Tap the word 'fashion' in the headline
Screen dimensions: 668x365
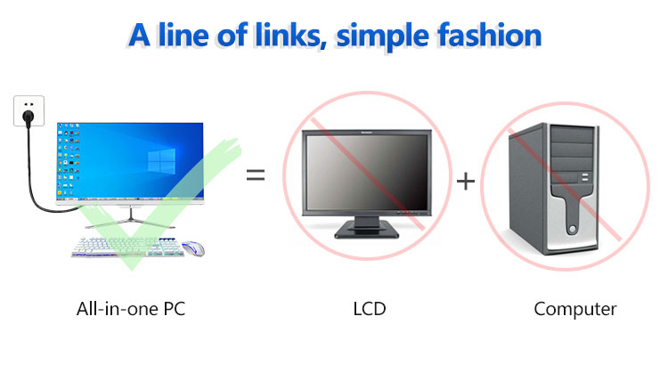(490, 35)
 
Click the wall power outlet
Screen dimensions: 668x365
(29, 110)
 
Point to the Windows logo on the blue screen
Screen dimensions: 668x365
(161, 161)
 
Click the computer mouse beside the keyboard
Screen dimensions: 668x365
(193, 248)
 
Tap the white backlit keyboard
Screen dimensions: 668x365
(127, 247)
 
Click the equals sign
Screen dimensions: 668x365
(256, 174)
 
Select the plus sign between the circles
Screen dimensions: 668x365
(466, 181)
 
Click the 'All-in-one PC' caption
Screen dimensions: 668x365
(131, 309)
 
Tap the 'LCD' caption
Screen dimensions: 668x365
(370, 309)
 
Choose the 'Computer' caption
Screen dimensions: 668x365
(575, 310)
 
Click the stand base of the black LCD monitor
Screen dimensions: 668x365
(366, 231)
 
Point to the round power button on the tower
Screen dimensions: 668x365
(572, 230)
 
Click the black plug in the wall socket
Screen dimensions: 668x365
(29, 117)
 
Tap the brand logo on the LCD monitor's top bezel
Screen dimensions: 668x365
(366, 133)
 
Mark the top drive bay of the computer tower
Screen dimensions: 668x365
(572, 134)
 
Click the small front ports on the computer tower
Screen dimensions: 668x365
(585, 177)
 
